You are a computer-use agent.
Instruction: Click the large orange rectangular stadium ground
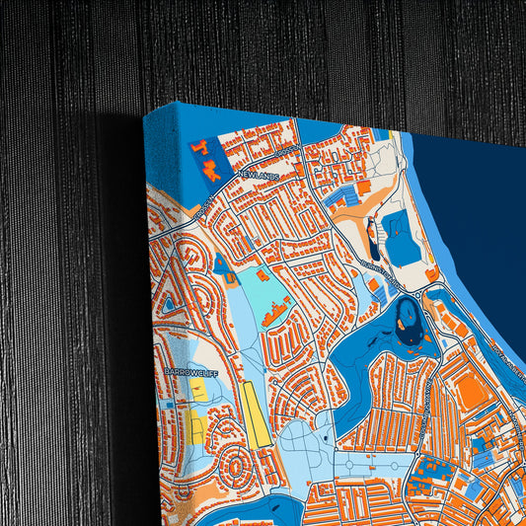click(471, 392)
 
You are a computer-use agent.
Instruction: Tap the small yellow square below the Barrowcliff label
click(199, 393)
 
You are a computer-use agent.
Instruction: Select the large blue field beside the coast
click(401, 238)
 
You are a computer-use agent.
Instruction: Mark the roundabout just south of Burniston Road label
click(426, 292)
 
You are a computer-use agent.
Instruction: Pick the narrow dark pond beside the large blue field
click(373, 237)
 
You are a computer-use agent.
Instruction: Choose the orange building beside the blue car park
click(361, 187)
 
